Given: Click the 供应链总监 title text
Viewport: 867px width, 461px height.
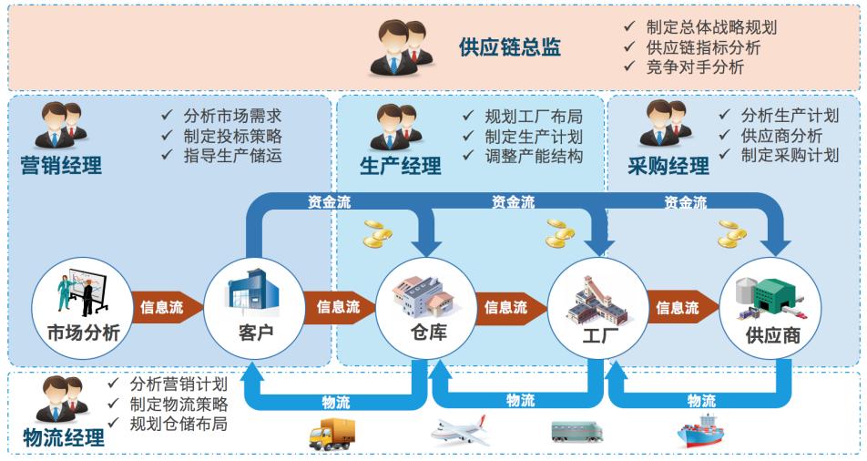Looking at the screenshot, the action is [x=510, y=47].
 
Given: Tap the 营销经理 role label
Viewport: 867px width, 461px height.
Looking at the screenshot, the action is [x=61, y=166].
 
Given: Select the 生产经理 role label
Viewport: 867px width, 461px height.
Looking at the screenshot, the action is [x=401, y=166].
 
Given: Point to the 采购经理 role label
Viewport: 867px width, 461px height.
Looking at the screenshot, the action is [x=668, y=166].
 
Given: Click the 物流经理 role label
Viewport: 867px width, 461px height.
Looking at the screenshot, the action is [x=64, y=437].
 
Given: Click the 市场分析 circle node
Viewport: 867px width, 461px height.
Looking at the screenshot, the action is [x=82, y=308].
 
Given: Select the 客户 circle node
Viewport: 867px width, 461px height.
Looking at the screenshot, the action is [x=254, y=308].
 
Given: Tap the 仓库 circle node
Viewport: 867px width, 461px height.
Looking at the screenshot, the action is [x=426, y=308].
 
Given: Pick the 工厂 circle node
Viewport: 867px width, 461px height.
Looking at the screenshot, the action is [x=598, y=308].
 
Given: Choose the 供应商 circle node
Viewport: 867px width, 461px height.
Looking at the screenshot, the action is [x=770, y=308].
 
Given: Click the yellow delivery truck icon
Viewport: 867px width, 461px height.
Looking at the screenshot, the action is [x=331, y=434].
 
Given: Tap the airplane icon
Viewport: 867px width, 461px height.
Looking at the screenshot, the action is [x=460, y=431].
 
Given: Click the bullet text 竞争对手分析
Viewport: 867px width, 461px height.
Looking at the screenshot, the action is [x=695, y=67].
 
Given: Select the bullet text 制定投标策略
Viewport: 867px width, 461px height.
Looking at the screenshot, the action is [x=233, y=136].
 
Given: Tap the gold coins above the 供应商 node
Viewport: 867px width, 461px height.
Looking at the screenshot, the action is [x=732, y=233].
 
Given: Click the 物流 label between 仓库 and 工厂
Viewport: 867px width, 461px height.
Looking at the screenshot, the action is [x=520, y=400].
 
